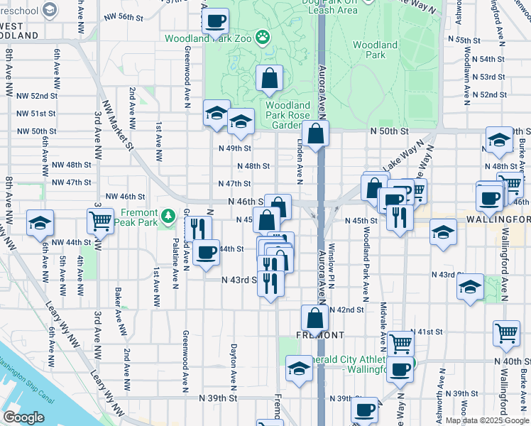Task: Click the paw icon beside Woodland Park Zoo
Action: [x=263, y=35]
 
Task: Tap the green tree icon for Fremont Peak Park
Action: [x=168, y=214]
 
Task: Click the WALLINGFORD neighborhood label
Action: [x=498, y=220]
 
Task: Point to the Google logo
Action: [x=23, y=417]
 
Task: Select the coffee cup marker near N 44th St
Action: [x=207, y=252]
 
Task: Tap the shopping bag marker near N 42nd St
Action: [x=314, y=318]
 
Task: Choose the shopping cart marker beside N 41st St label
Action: [x=401, y=344]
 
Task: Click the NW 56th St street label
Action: [x=118, y=16]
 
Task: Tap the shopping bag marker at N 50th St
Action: [x=314, y=133]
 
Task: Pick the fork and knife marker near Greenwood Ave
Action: [x=198, y=229]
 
